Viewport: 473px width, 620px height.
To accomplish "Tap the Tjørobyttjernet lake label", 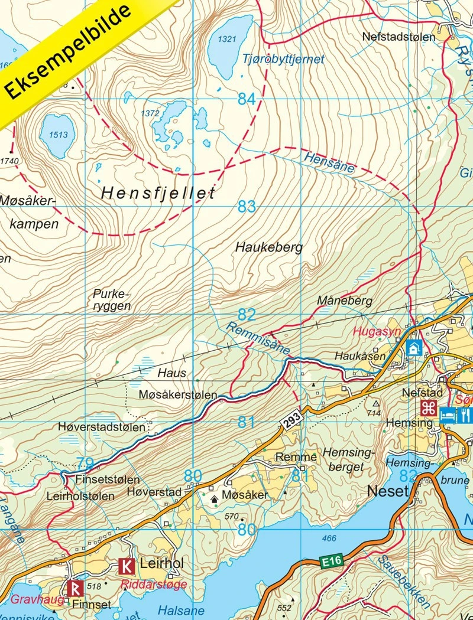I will [x=283, y=59].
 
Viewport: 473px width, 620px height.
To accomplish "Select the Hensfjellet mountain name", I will [x=158, y=192].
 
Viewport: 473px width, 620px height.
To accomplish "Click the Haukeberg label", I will [x=268, y=247].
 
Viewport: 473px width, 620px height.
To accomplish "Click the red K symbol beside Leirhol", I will [x=126, y=566].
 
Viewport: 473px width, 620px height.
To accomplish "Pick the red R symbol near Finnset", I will [x=74, y=588].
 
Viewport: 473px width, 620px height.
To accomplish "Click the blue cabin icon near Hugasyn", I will [x=413, y=348].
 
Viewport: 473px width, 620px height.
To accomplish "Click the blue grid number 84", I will [x=247, y=99].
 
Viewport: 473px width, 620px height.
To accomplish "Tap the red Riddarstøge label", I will [x=153, y=585].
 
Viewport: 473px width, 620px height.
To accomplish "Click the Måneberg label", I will [x=344, y=301].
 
